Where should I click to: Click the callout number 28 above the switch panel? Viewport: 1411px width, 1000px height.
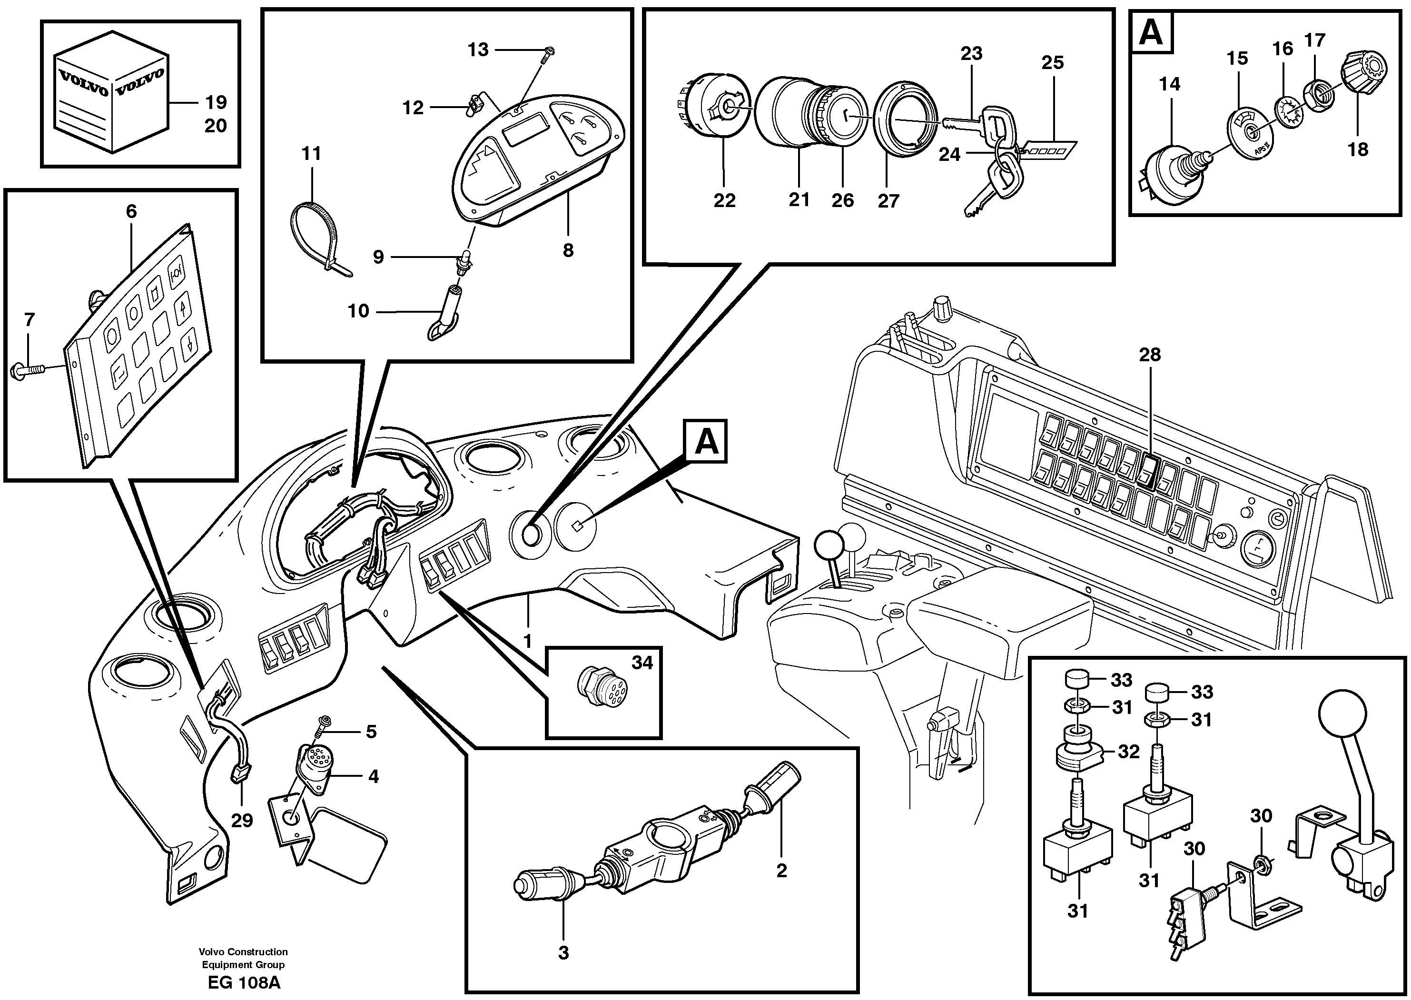pyautogui.click(x=1149, y=355)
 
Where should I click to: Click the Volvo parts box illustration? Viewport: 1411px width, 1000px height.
pyautogui.click(x=111, y=99)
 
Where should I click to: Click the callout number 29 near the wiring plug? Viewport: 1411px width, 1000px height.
pyautogui.click(x=242, y=821)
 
